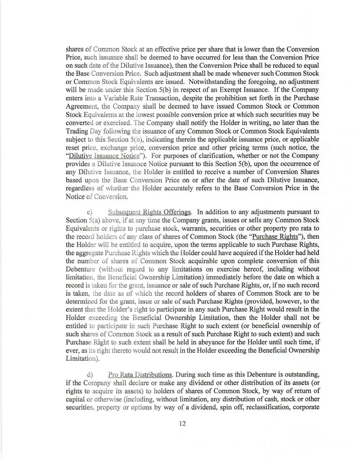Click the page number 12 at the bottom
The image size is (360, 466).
coord(182,423)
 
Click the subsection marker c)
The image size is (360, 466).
coord(90,212)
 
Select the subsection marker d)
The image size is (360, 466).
coord(90,375)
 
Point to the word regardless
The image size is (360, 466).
coord(80,188)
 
